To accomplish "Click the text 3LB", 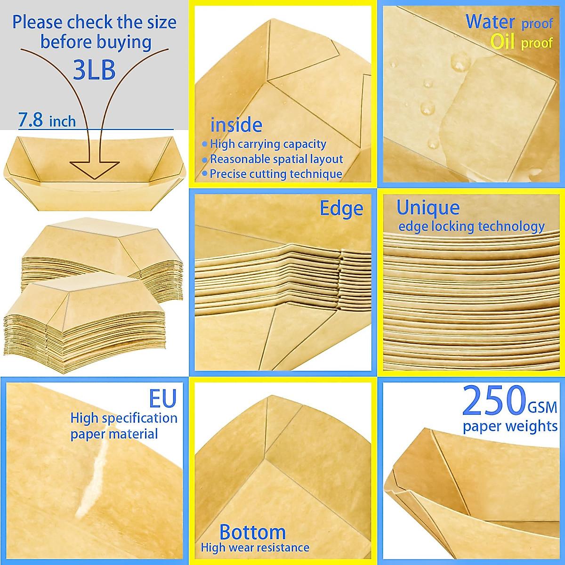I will pyautogui.click(x=94, y=70).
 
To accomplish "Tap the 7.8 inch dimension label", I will pyautogui.click(x=47, y=121).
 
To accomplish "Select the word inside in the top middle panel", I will pyautogui.click(x=236, y=125).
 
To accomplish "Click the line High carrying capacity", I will pyautogui.click(x=267, y=144).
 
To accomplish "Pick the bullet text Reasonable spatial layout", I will pyautogui.click(x=276, y=159).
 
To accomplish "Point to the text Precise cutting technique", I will pyautogui.click(x=275, y=174).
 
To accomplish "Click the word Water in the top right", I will pyautogui.click(x=490, y=22).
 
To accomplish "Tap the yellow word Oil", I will pyautogui.click(x=503, y=42).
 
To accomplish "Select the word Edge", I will pyautogui.click(x=341, y=208).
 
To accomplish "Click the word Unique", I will pyautogui.click(x=428, y=207).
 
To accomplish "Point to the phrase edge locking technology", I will pyautogui.click(x=471, y=226).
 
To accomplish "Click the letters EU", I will pyautogui.click(x=162, y=398).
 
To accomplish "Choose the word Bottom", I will pyautogui.click(x=252, y=532).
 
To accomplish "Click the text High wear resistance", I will pyautogui.click(x=255, y=548).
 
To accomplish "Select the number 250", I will pyautogui.click(x=493, y=402).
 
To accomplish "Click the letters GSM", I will pyautogui.click(x=542, y=407).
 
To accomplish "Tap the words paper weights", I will pyautogui.click(x=510, y=427).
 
